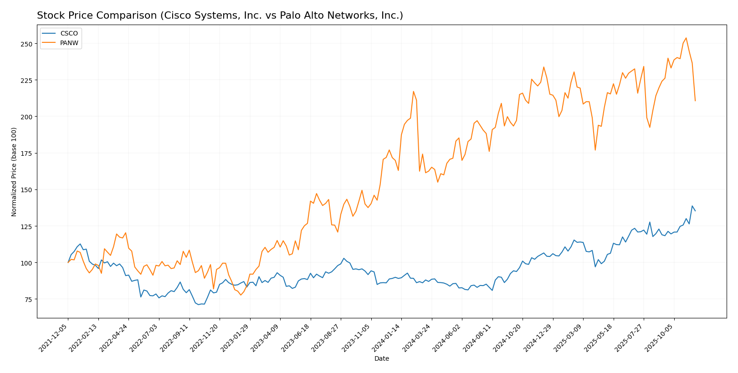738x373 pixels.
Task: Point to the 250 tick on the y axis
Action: (26, 44)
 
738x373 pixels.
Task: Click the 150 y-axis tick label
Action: (26, 190)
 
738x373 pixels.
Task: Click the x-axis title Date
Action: (382, 359)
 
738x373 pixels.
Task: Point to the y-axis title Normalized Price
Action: (14, 172)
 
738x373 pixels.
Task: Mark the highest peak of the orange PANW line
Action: (686, 38)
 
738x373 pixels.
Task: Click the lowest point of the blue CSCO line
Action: (198, 305)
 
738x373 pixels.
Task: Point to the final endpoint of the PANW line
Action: (695, 101)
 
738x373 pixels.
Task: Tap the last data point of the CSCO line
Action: (695, 211)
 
